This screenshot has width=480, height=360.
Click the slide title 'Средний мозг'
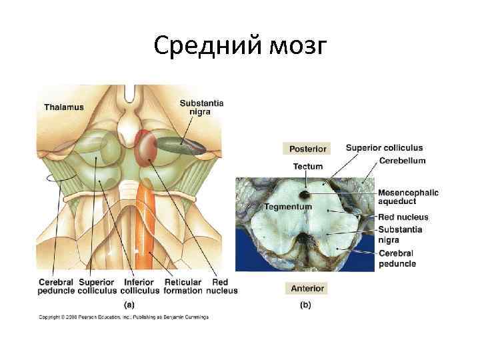point(240,46)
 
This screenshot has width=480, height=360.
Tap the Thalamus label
point(64,107)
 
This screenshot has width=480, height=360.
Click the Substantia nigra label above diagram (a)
point(201,107)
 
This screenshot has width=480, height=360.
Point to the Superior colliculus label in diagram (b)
point(384,148)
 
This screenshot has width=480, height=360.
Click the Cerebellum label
point(402,161)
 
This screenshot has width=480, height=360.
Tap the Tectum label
point(307,166)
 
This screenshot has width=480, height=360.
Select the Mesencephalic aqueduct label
point(408,196)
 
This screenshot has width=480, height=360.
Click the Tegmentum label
point(288,207)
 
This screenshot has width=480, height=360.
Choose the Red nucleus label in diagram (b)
point(403,217)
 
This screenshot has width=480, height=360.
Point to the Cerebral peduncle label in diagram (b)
point(397,259)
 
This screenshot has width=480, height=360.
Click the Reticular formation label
point(183,286)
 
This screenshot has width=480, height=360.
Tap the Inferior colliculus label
point(139,286)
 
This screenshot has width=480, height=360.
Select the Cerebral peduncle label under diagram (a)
point(56,286)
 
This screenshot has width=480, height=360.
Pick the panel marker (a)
point(129,304)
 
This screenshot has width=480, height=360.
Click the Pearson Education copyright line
point(123,317)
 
